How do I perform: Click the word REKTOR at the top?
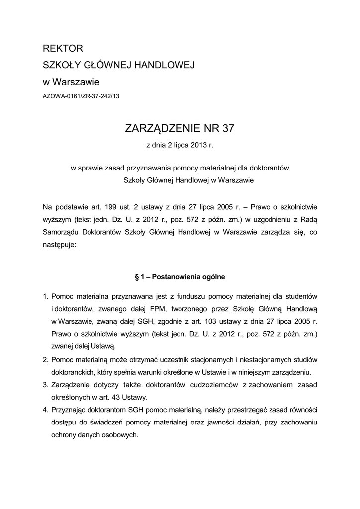(63, 49)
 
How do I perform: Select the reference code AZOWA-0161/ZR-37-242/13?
(81, 96)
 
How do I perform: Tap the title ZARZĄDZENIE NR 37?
(179, 129)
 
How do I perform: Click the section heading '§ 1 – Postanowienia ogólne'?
(180, 275)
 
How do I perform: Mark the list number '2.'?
(45, 359)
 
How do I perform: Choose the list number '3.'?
(45, 385)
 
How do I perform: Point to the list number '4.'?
(45, 410)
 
